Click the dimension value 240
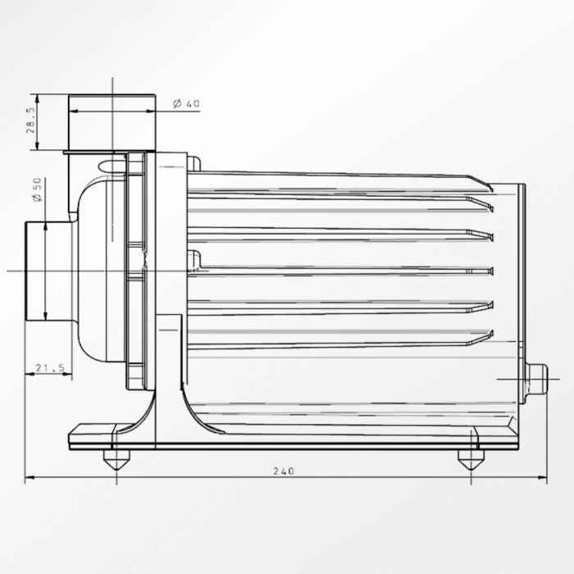tap(284, 471)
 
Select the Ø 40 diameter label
tap(187, 103)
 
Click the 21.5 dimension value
tap(50, 368)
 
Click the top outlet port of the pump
tap(112, 122)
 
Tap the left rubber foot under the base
tap(116, 459)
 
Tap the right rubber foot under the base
tap(471, 459)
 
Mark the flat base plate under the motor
tap(295, 441)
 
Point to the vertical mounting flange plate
tap(168, 271)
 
